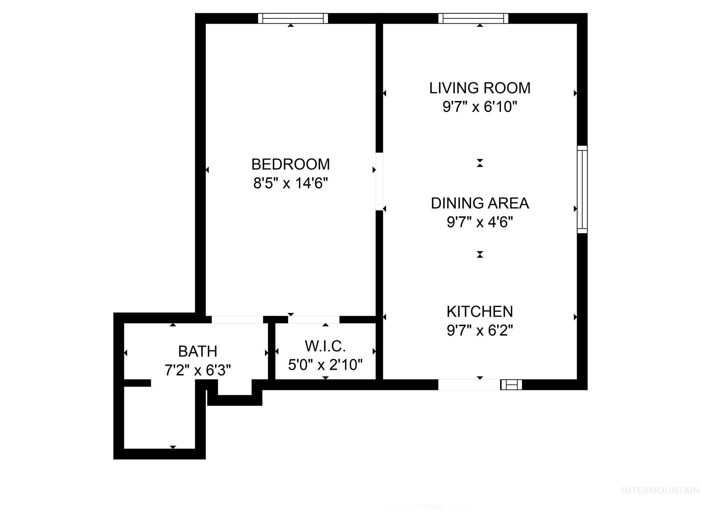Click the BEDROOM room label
pos(291,164)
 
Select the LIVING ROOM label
pos(480,88)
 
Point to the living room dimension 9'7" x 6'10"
pos(480,107)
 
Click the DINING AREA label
pos(480,203)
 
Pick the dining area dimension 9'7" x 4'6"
pos(480,223)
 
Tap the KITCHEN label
pos(480,312)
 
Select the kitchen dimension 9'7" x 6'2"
pos(480,331)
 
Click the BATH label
pos(198,351)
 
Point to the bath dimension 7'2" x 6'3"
pos(198,370)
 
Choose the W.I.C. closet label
pos(326,346)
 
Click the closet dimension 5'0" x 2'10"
pos(326,365)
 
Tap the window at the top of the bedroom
pos(293,18)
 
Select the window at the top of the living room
pos(473,18)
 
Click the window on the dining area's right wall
pos(582,189)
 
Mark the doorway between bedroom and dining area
pos(379,181)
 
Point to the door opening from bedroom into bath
pos(237,320)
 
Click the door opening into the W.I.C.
pos(314,320)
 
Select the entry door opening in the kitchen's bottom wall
pos(469,385)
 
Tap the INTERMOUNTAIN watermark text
pos(660,491)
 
